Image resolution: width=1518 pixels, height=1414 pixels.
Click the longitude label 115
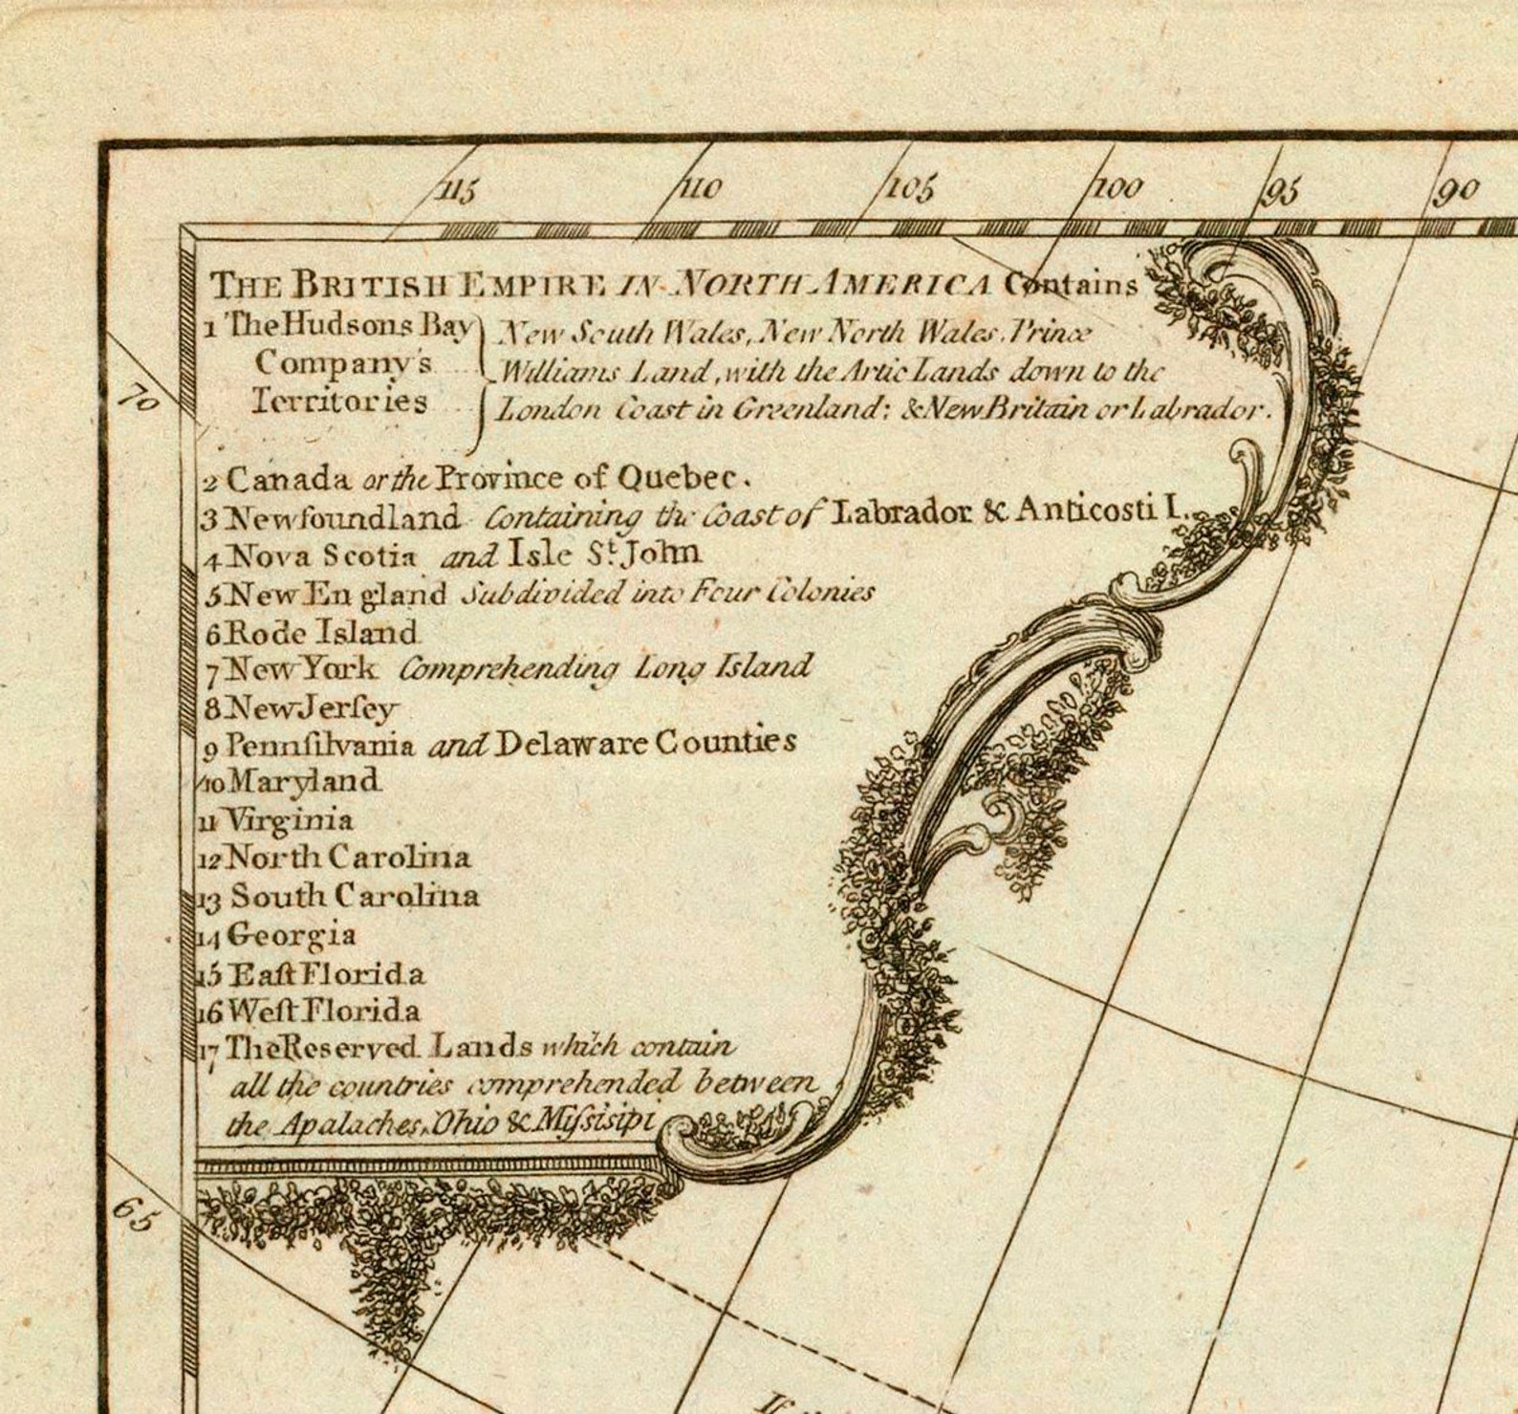pos(458,189)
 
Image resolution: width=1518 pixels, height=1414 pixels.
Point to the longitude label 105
pos(910,188)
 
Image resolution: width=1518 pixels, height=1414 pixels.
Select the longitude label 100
pos(1117,188)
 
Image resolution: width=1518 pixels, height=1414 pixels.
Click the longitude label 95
pos(1283,191)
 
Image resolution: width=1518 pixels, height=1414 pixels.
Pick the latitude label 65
pos(133,1216)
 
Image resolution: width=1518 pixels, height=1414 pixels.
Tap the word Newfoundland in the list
pos(343,517)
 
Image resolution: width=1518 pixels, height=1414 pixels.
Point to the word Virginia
pos(288,819)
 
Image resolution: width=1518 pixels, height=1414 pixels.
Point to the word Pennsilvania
pos(319,744)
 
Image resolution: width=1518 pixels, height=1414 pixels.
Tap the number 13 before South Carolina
pos(210,899)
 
